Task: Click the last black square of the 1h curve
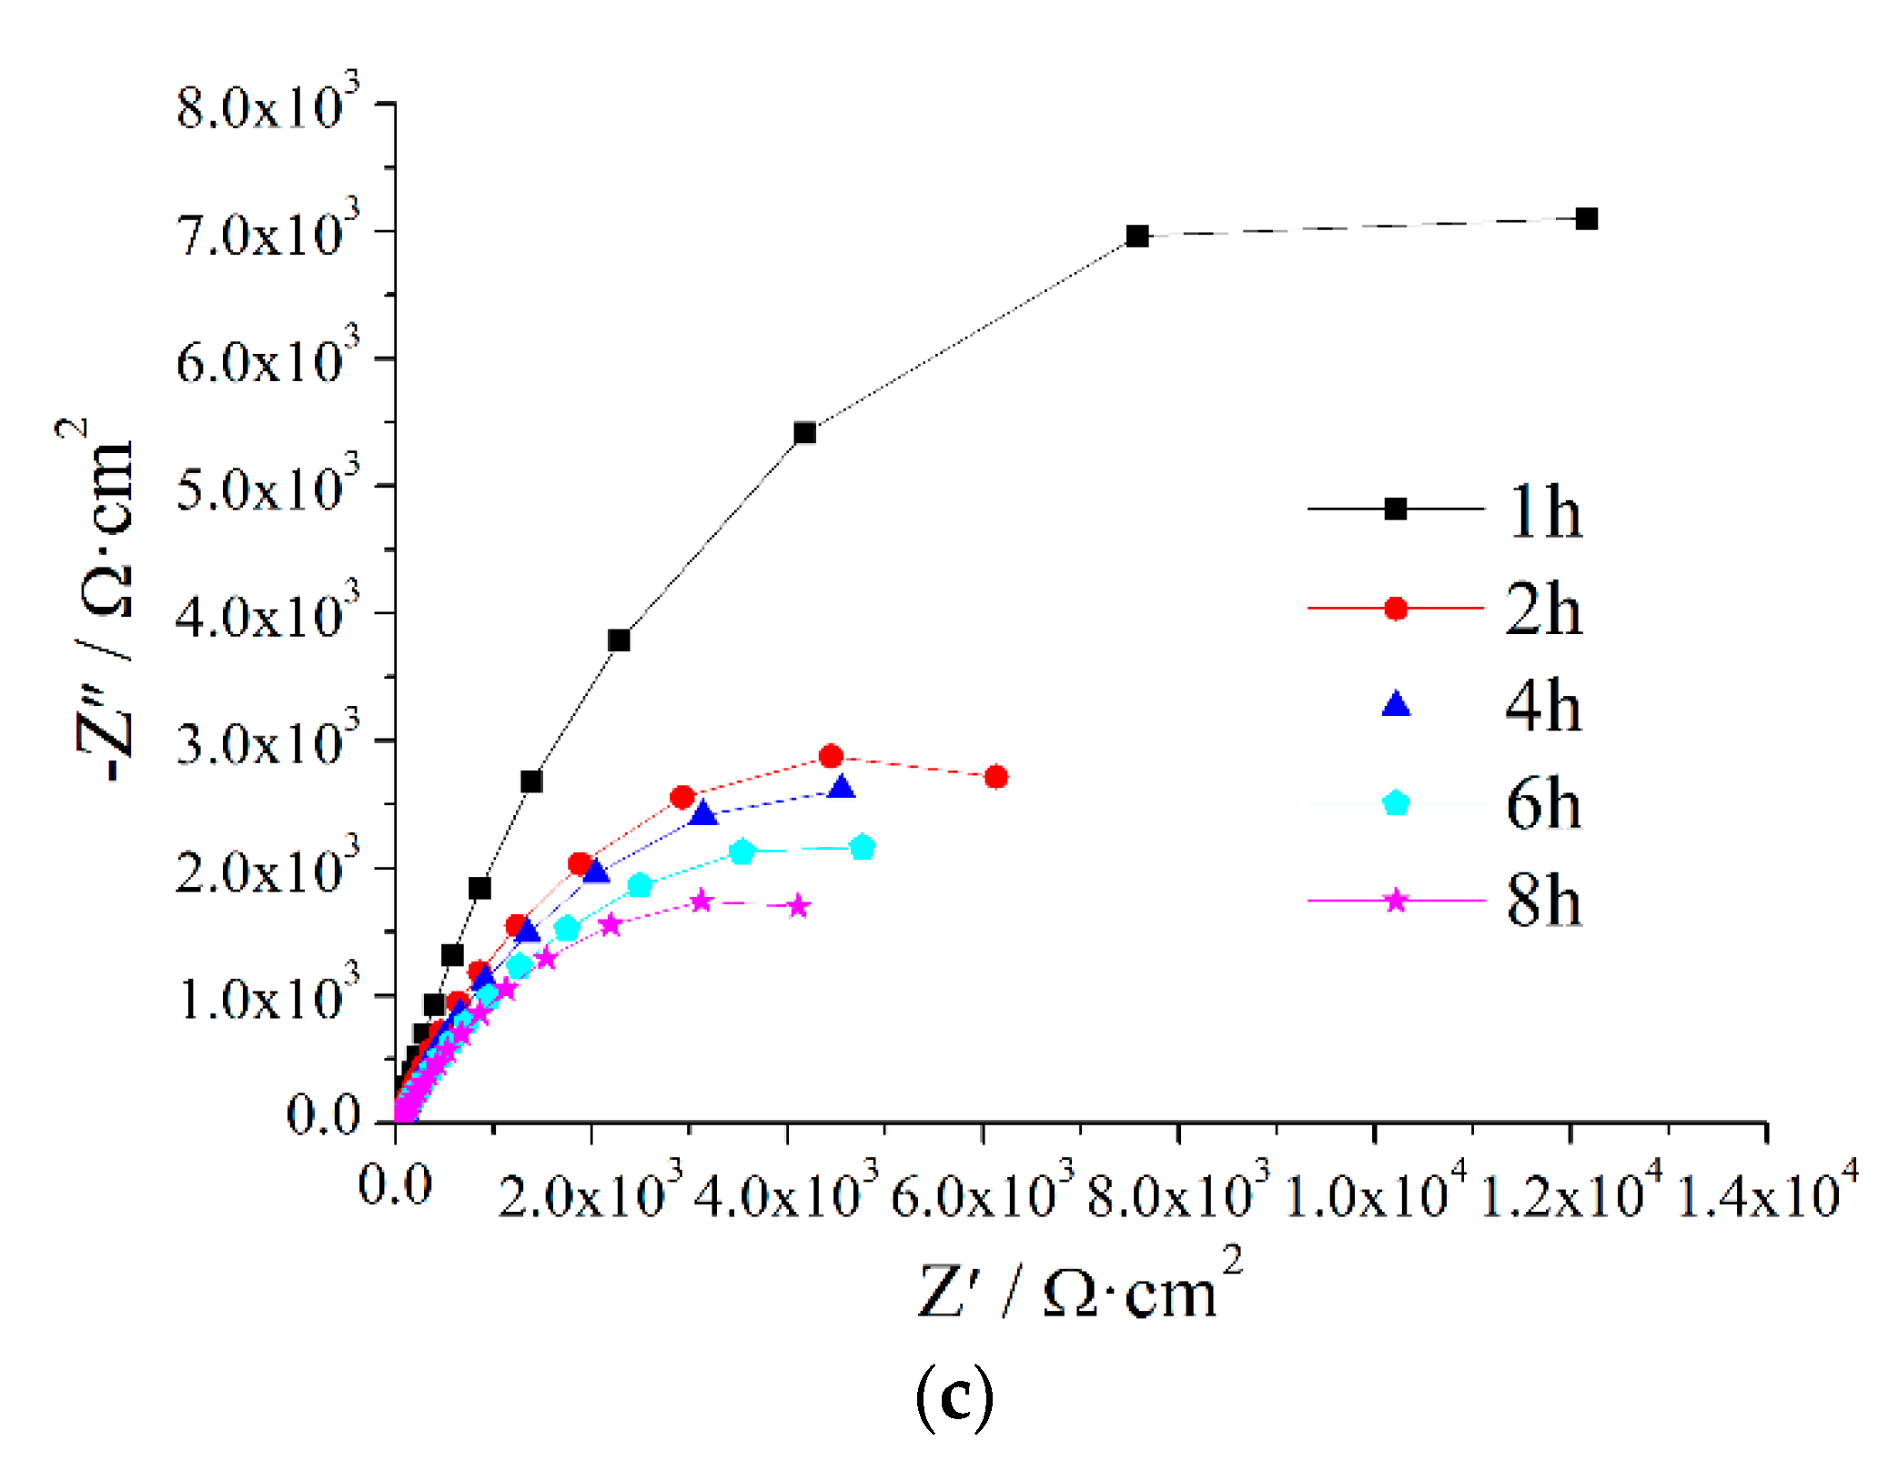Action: click(x=1586, y=219)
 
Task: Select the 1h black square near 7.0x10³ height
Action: click(x=1137, y=237)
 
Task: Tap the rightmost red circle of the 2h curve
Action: click(x=996, y=777)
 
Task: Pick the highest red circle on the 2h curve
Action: click(x=831, y=756)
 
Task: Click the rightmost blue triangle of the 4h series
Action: click(x=842, y=788)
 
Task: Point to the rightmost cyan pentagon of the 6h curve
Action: click(x=863, y=848)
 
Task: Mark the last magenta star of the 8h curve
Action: click(x=799, y=907)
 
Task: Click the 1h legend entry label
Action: click(x=1544, y=512)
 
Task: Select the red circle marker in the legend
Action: click(x=1396, y=609)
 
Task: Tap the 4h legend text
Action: click(x=1544, y=706)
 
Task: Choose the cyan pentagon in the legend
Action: click(x=1396, y=803)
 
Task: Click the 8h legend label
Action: click(x=1544, y=901)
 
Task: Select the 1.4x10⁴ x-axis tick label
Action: click(x=1765, y=1191)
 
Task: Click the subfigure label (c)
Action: click(x=954, y=1397)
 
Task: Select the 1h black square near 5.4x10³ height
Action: click(x=804, y=433)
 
